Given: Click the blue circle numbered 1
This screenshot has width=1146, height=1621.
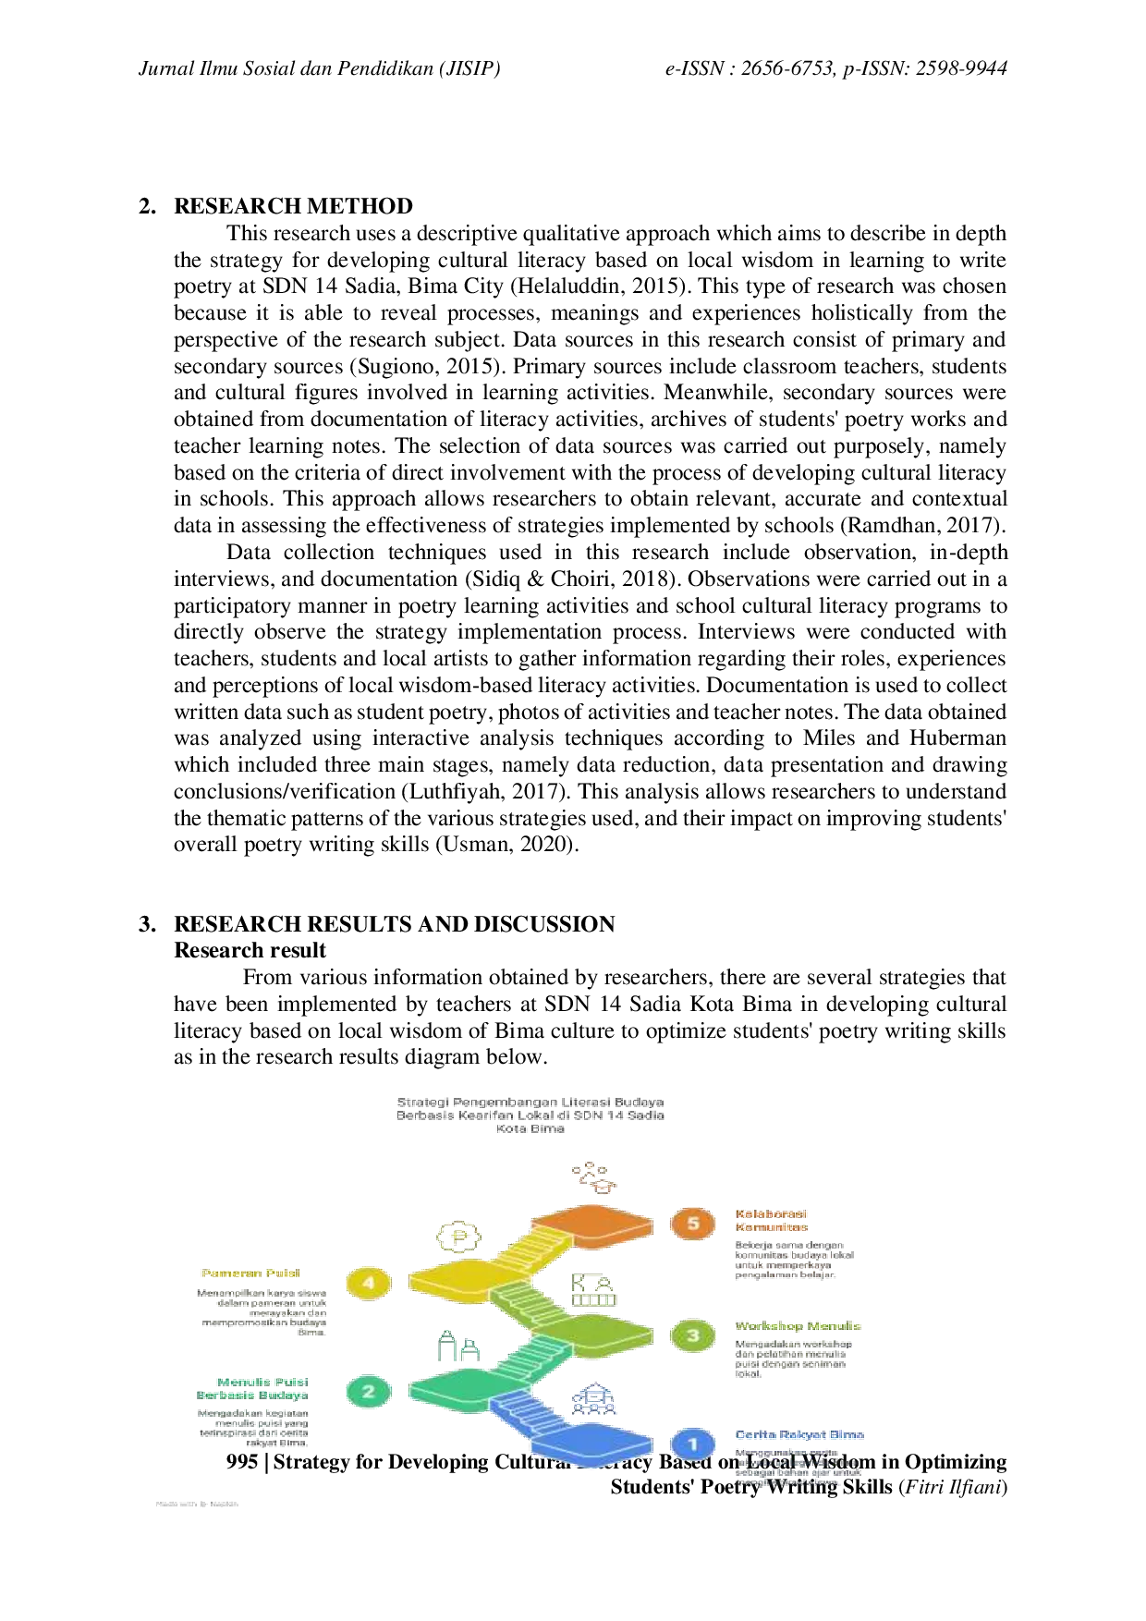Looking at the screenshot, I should (692, 1444).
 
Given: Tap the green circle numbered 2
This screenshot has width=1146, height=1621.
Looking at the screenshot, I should (368, 1391).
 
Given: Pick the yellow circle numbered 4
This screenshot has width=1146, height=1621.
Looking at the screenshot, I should (368, 1283).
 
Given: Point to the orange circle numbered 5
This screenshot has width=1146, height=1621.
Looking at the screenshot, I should (692, 1225).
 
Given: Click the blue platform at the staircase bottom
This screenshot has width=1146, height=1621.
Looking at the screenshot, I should (591, 1444).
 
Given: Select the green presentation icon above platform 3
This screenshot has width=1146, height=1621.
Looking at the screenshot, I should (593, 1289).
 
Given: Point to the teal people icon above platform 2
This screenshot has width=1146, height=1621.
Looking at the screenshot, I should (458, 1347).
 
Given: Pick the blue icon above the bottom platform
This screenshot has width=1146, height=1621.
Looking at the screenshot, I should (593, 1399).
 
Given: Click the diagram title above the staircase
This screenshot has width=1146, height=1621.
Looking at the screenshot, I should (530, 1115).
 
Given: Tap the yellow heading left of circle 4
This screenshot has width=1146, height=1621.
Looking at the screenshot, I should (251, 1273).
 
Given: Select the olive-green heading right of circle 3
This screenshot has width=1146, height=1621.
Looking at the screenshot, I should (799, 1325).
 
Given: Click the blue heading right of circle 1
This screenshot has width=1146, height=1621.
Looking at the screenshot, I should (799, 1434).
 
